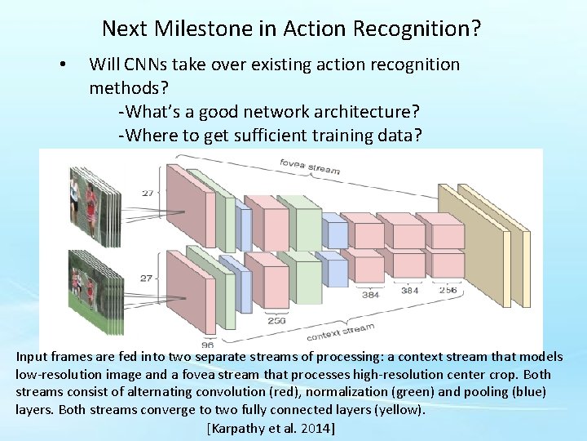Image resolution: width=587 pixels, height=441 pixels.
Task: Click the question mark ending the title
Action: tap(475, 29)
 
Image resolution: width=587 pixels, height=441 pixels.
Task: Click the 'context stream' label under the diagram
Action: tap(341, 332)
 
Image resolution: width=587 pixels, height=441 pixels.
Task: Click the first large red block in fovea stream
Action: tap(189, 208)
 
